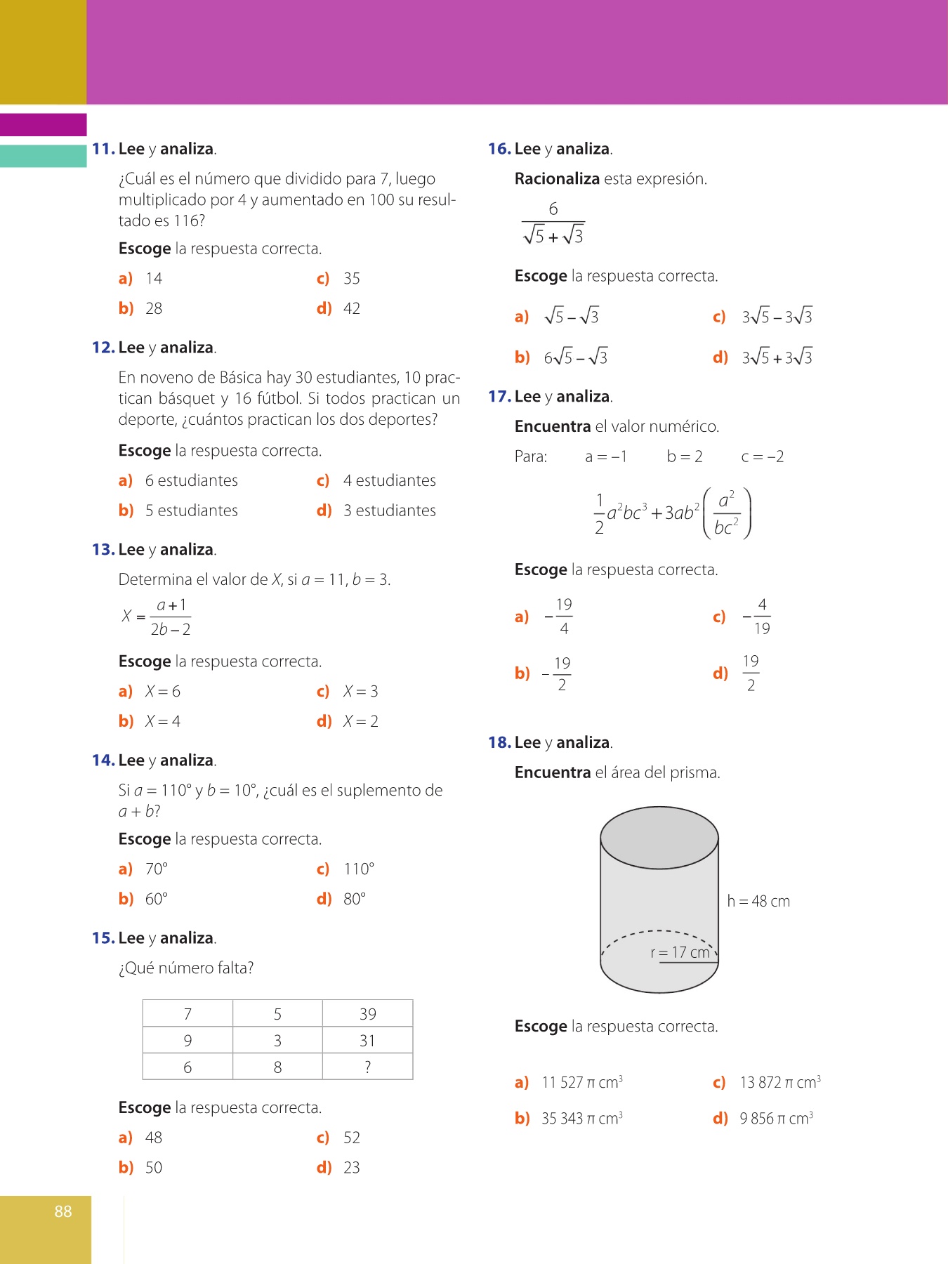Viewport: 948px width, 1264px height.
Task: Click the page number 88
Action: (63, 1211)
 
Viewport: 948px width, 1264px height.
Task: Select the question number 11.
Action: (103, 149)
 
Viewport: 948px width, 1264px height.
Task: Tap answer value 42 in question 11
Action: (352, 308)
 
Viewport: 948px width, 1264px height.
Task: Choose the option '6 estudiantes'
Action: (191, 480)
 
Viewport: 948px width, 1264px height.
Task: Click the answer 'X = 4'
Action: (163, 721)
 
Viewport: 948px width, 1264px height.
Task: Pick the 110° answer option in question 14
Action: (359, 869)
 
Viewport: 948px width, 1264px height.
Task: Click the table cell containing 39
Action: (367, 1014)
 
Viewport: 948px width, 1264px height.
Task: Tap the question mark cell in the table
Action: (367, 1067)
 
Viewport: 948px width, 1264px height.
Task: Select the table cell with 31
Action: (367, 1041)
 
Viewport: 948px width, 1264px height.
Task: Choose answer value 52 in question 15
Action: (352, 1138)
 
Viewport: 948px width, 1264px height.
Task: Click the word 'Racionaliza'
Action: (557, 179)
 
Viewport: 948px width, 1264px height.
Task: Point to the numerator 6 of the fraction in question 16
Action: (553, 209)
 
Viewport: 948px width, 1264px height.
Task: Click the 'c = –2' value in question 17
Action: (763, 456)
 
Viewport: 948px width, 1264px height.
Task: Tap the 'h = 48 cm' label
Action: (758, 901)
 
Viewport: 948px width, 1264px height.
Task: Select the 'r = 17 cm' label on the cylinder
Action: (680, 952)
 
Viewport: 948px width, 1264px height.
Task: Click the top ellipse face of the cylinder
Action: (659, 838)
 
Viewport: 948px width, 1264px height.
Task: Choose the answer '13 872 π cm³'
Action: (780, 1083)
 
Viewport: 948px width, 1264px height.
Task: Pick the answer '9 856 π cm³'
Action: (776, 1119)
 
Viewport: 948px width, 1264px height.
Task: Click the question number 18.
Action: (499, 743)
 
